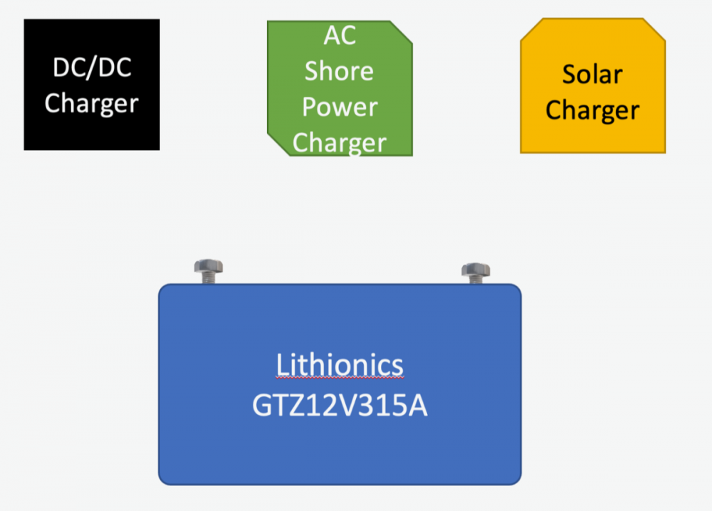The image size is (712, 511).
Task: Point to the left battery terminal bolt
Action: pyautogui.click(x=208, y=270)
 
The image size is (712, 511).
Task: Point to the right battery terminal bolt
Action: pyautogui.click(x=475, y=272)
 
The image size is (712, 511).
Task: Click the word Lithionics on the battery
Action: pyautogui.click(x=339, y=365)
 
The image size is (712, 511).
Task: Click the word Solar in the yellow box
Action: pyautogui.click(x=592, y=75)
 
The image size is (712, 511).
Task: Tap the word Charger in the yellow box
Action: pyautogui.click(x=592, y=111)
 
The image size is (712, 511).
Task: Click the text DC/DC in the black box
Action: pyautogui.click(x=91, y=68)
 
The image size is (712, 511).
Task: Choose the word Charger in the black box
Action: pyautogui.click(x=91, y=103)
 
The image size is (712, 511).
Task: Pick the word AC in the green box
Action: pyautogui.click(x=340, y=36)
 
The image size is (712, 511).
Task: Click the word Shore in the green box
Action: pyautogui.click(x=340, y=71)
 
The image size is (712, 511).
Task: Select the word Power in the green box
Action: pyautogui.click(x=340, y=107)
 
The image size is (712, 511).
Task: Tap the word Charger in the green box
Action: pyautogui.click(x=340, y=142)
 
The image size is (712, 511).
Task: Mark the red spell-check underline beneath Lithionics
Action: pyautogui.click(x=339, y=379)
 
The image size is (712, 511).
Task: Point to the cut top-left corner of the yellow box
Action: pyautogui.click(x=530, y=29)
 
